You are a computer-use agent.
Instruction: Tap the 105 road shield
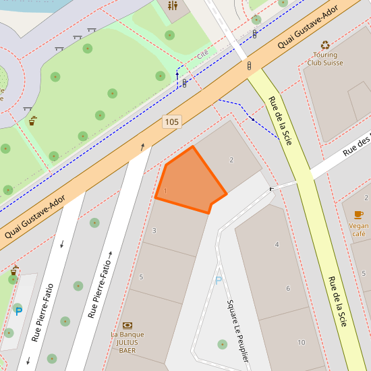(x=171, y=122)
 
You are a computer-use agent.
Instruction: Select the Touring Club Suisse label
(x=325, y=59)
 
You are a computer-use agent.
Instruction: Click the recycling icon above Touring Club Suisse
(x=325, y=45)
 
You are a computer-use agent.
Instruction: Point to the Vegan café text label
(x=359, y=230)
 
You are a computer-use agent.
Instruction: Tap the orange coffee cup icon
(x=359, y=214)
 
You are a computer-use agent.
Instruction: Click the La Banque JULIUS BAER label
(x=127, y=342)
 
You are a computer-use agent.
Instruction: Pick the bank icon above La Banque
(x=127, y=325)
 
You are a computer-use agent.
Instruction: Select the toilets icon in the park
(x=173, y=6)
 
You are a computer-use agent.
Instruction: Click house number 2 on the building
(x=231, y=160)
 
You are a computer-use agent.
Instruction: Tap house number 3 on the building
(x=154, y=231)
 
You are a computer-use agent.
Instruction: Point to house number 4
(x=277, y=244)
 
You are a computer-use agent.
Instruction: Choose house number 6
(x=288, y=289)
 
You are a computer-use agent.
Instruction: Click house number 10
(x=301, y=342)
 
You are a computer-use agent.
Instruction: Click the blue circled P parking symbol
(x=18, y=310)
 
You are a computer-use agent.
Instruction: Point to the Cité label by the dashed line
(x=202, y=54)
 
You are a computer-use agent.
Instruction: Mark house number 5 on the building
(x=141, y=277)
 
